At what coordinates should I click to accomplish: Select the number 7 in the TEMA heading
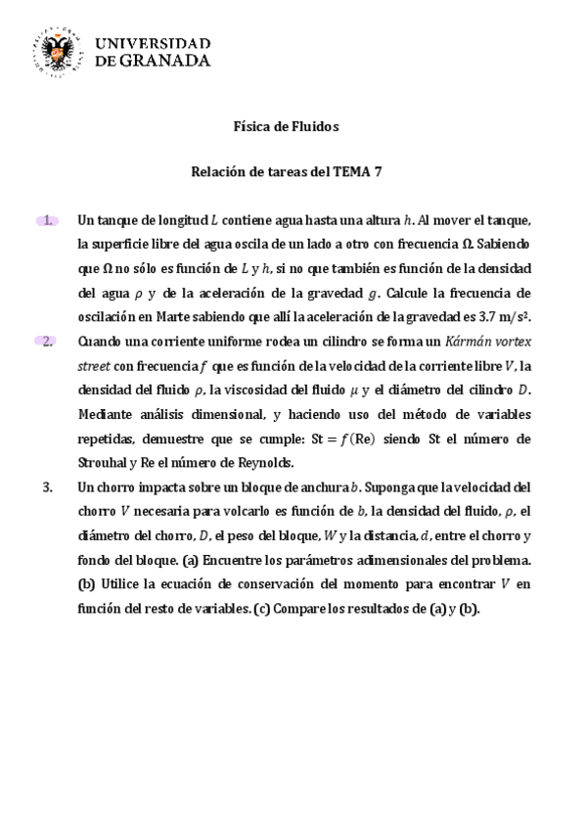coord(377,172)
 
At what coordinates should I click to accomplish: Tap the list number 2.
coord(48,341)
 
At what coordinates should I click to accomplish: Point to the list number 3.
coord(49,486)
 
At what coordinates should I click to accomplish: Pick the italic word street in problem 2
coord(94,365)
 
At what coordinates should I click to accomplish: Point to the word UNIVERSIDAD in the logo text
coord(153,42)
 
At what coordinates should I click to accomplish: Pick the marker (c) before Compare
coord(261,608)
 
